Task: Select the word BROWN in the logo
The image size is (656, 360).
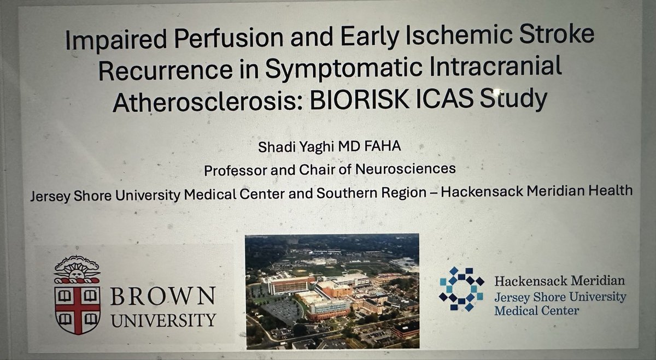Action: pos(163,298)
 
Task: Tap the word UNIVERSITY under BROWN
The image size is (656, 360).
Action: pos(163,318)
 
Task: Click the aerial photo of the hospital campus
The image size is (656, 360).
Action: pos(332,291)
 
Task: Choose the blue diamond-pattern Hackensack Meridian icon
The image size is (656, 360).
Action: pos(461,289)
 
